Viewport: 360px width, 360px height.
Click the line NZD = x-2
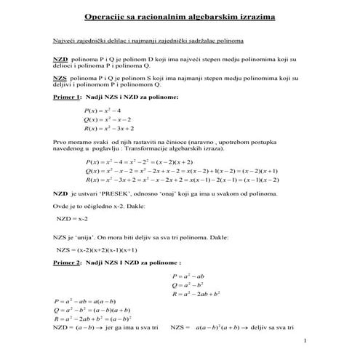coord(71,217)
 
